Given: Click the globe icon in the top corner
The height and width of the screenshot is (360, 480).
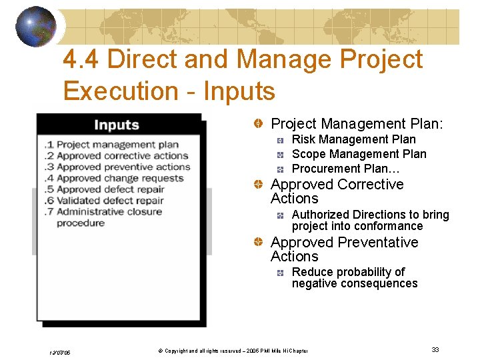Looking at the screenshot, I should (x=35, y=26).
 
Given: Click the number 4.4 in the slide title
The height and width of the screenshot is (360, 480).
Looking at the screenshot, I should (x=82, y=60).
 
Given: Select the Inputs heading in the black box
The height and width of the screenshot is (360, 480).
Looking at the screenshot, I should (x=116, y=125).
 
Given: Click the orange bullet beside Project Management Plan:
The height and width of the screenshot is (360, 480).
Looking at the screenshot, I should (x=257, y=125).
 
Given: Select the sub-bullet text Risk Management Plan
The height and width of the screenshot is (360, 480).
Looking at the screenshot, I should (x=353, y=139).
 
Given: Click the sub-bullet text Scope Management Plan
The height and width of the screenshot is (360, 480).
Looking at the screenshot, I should (x=359, y=154).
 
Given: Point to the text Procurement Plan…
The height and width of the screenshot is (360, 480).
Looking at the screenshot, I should (x=345, y=169).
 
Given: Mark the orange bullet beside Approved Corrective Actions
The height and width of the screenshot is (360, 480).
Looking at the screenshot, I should (x=257, y=185).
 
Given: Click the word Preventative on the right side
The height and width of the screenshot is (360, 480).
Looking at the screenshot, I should (x=378, y=242).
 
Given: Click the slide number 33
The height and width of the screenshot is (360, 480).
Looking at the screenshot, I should (x=435, y=350).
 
